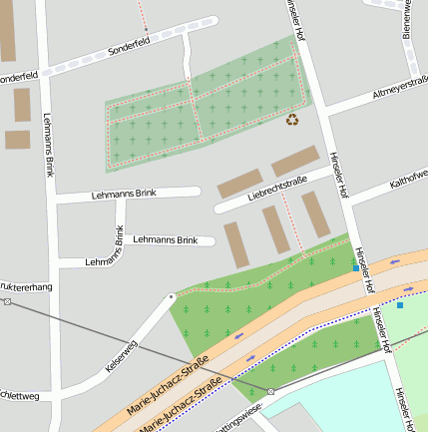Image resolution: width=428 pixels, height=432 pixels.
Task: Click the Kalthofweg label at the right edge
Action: pyautogui.click(x=408, y=177)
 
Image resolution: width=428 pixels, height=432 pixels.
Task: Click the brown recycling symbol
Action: pyautogui.click(x=292, y=120)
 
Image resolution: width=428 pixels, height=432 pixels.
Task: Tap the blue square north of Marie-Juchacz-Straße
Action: pyautogui.click(x=355, y=267)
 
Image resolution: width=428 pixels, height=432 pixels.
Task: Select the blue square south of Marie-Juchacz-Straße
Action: pyautogui.click(x=400, y=305)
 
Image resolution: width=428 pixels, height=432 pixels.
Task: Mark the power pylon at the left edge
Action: pyautogui.click(x=7, y=301)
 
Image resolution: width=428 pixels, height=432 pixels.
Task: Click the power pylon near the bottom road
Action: pyautogui.click(x=270, y=391)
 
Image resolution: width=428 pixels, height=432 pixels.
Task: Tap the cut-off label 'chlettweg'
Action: pyautogui.click(x=20, y=395)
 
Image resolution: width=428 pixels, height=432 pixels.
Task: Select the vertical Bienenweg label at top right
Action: pyautogui.click(x=408, y=18)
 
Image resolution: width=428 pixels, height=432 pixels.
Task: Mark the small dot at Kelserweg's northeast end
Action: pyautogui.click(x=172, y=296)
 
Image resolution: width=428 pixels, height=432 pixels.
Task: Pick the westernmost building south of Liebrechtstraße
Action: pyautogui.click(x=236, y=244)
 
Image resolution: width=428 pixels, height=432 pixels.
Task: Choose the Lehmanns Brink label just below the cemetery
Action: pyautogui.click(x=124, y=193)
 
